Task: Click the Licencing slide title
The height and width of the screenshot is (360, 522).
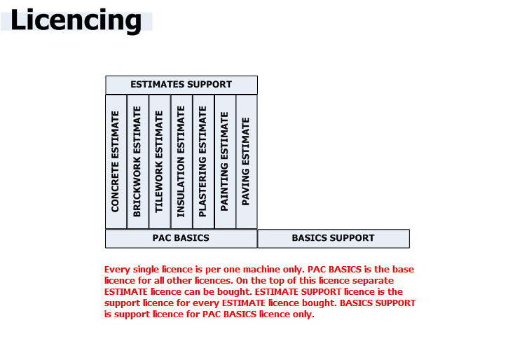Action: pos(76,20)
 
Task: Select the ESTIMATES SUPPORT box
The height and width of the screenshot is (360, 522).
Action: pos(181,85)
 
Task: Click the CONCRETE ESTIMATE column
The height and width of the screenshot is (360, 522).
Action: pos(116,162)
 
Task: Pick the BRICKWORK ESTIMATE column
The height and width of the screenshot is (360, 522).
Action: pos(138,162)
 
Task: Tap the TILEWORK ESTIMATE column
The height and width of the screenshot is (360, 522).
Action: pos(160,162)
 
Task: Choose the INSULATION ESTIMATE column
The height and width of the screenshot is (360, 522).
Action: pos(181,162)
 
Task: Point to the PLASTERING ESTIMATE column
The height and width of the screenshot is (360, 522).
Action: pos(203,162)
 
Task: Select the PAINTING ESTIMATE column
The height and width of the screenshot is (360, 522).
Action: pos(225,162)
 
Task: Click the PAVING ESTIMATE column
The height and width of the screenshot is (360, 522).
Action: pos(247,162)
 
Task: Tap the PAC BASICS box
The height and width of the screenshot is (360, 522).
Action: pos(181,239)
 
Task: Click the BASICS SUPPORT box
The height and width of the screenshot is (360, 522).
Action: pos(334,239)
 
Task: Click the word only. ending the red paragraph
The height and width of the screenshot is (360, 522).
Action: pos(303,314)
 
